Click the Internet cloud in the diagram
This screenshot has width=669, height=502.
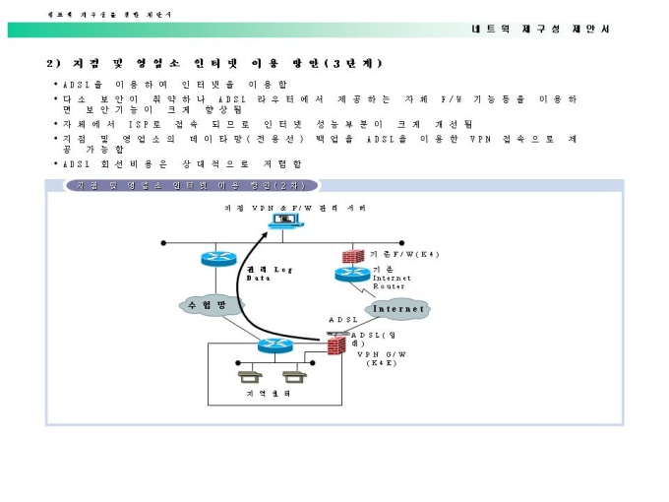397,308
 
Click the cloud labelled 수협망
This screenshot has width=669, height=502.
208,306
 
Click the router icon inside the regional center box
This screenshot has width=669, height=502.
271,345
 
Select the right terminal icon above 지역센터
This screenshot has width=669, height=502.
290,376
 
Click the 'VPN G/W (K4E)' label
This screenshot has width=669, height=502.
380,357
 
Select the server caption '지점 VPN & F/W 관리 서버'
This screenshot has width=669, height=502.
283,207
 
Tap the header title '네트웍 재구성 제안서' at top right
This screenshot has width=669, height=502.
540,29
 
